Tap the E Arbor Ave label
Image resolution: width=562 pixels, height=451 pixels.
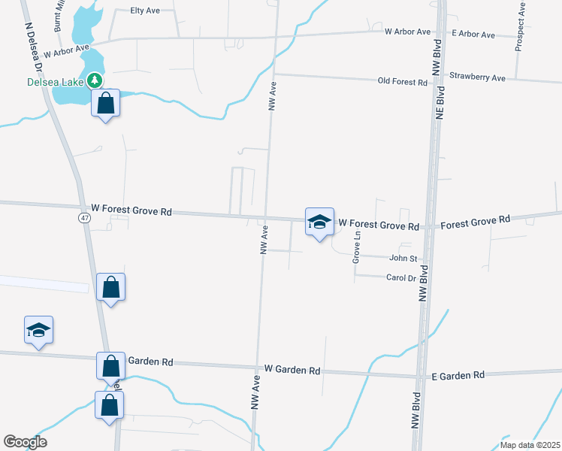pyautogui.click(x=473, y=35)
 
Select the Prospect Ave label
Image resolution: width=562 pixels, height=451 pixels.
pyautogui.click(x=520, y=26)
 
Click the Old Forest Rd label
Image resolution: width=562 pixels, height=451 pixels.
pyautogui.click(x=402, y=81)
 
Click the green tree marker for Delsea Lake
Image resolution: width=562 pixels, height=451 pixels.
pyautogui.click(x=95, y=79)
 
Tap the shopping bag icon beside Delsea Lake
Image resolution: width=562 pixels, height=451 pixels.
pyautogui.click(x=106, y=103)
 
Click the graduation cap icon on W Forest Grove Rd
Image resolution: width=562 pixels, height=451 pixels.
pyautogui.click(x=319, y=222)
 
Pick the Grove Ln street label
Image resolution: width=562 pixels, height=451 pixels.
pyautogui.click(x=358, y=247)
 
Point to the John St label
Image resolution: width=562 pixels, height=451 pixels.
pyautogui.click(x=403, y=259)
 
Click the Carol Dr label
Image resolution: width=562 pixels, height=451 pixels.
pyautogui.click(x=400, y=278)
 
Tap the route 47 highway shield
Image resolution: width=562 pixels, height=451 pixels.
pyautogui.click(x=83, y=217)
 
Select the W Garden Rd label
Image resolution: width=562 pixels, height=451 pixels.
pyautogui.click(x=292, y=371)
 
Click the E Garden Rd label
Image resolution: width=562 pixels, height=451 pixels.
pyautogui.click(x=458, y=374)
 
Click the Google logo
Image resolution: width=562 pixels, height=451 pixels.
pyautogui.click(x=25, y=442)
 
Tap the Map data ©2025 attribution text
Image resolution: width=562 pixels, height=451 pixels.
pyautogui.click(x=529, y=445)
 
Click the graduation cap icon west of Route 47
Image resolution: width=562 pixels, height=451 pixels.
pyautogui.click(x=38, y=330)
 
